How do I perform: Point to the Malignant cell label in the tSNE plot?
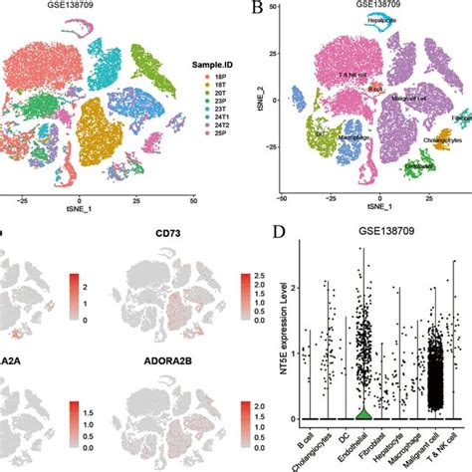[x=408, y=99]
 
